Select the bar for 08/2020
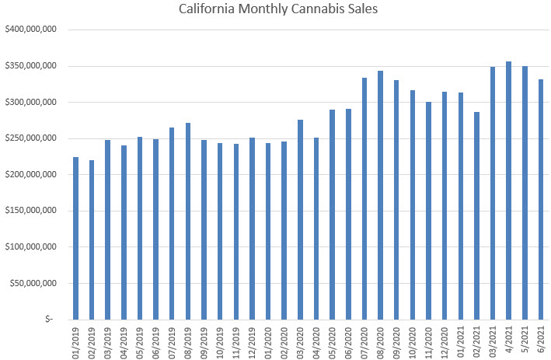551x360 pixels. pos(380,195)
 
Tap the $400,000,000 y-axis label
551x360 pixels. pos(30,30)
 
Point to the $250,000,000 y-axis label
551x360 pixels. pos(30,138)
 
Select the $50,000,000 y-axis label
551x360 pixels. pos(33,283)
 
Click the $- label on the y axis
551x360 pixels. pos(51,319)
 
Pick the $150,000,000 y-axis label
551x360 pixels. pos(30,211)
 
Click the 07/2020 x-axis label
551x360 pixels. pos(364,340)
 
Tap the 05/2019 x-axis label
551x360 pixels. pos(140,340)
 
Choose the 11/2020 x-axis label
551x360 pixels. pos(428,340)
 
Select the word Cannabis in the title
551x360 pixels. pos(305,10)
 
